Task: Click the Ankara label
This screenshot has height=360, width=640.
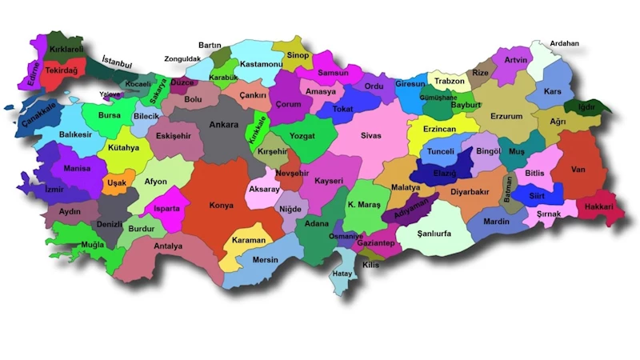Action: click(223, 125)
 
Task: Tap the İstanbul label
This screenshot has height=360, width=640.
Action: click(118, 61)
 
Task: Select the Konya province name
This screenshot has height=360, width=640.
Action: click(221, 205)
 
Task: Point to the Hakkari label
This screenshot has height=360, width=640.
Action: click(598, 206)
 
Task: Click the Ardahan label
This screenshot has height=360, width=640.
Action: click(565, 43)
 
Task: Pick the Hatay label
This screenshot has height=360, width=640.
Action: click(342, 274)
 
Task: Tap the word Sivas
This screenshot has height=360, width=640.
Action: click(371, 136)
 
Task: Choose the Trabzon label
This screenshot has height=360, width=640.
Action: click(449, 81)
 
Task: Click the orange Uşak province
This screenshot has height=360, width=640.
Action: click(117, 182)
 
